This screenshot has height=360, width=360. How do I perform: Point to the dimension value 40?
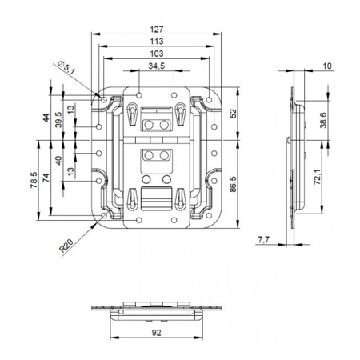pyautogui.click(x=59, y=161)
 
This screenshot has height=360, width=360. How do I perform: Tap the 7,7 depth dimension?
pyautogui.click(x=264, y=239)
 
